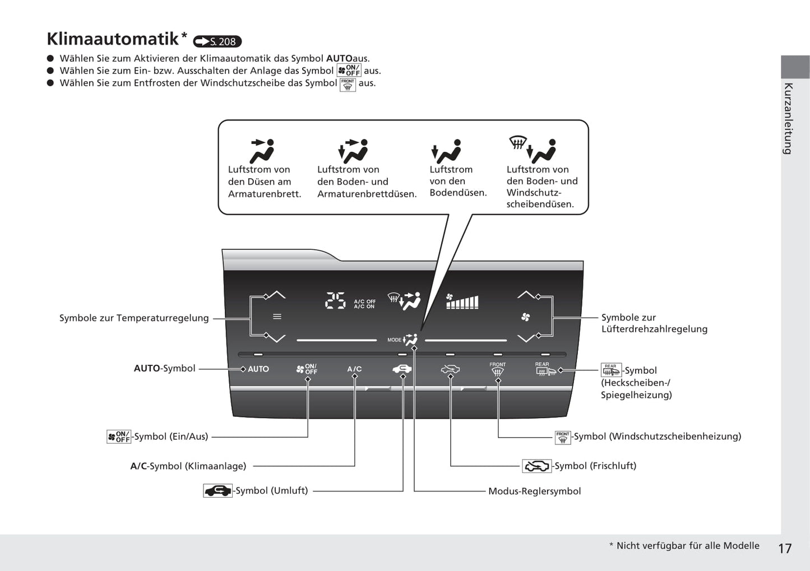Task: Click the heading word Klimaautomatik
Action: pyautogui.click(x=112, y=39)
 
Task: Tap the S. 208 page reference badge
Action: pyautogui.click(x=217, y=41)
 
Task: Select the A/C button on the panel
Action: pyautogui.click(x=354, y=369)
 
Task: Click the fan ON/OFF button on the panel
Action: pyautogui.click(x=307, y=369)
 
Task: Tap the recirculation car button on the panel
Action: pyautogui.click(x=402, y=368)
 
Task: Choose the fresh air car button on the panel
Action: pyautogui.click(x=450, y=369)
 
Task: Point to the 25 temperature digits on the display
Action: pyautogui.click(x=335, y=301)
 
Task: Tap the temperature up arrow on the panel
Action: pyautogui.click(x=275, y=294)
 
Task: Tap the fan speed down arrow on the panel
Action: pyautogui.click(x=526, y=338)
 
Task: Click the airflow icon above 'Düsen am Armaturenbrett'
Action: pyautogui.click(x=262, y=150)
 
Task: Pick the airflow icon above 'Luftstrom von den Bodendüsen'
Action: pyautogui.click(x=446, y=151)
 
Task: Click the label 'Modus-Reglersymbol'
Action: pyautogui.click(x=534, y=491)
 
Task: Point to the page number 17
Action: pyautogui.click(x=785, y=548)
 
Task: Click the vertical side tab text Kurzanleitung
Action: pyautogui.click(x=788, y=118)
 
